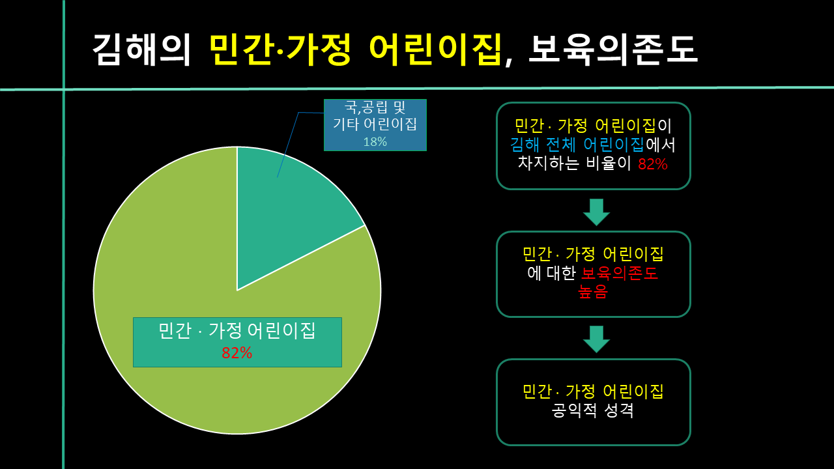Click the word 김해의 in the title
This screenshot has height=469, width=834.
(x=141, y=50)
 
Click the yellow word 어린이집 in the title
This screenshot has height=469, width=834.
(x=436, y=50)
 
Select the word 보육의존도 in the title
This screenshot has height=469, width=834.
(x=612, y=50)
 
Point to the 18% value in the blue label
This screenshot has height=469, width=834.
(x=375, y=141)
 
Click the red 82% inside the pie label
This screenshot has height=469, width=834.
(x=237, y=352)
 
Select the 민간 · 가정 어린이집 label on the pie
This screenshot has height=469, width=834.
(x=237, y=331)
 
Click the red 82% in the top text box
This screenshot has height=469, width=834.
(x=652, y=164)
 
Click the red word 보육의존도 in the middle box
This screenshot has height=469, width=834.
(x=620, y=273)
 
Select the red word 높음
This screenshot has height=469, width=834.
(x=592, y=292)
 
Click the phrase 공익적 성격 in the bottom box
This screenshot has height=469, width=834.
(x=593, y=411)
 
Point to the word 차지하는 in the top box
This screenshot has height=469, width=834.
(x=547, y=163)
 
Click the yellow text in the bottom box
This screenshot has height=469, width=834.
(x=593, y=391)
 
